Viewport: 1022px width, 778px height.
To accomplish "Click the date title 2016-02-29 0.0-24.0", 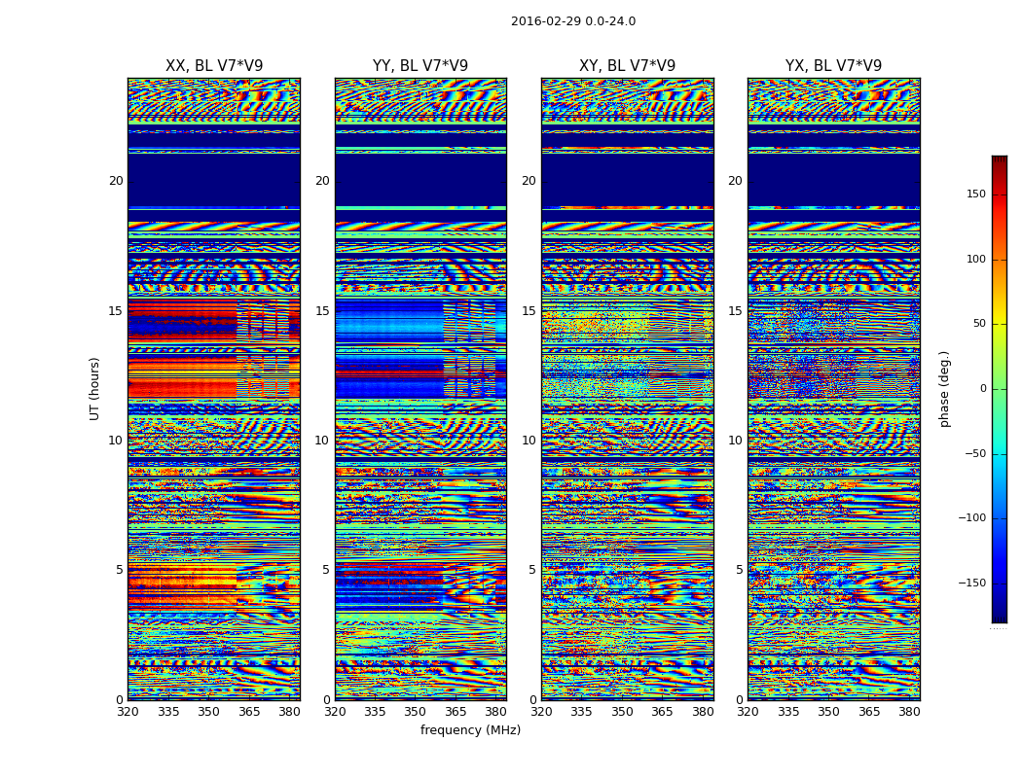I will [x=572, y=21].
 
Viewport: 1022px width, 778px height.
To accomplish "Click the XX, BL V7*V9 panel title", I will [x=214, y=66].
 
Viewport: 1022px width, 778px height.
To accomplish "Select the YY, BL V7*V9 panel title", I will [x=420, y=66].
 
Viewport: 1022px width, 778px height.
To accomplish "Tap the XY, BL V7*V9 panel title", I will [x=627, y=66].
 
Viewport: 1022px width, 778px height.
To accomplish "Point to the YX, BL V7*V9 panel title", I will [x=833, y=66].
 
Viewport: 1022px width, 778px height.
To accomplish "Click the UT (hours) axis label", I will [x=95, y=388].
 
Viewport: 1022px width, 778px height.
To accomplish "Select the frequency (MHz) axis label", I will [x=470, y=730].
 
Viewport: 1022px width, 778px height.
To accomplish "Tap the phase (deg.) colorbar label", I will [x=945, y=388].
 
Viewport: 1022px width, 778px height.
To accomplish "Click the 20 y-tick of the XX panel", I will [x=116, y=181].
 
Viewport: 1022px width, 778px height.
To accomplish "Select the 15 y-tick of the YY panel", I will [x=322, y=311].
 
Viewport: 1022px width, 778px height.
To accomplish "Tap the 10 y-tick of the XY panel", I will [x=529, y=441].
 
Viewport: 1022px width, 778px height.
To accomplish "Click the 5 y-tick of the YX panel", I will [x=739, y=570].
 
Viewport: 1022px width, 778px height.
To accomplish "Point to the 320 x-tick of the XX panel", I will [x=128, y=712].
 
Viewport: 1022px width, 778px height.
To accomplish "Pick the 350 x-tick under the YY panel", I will [x=416, y=712].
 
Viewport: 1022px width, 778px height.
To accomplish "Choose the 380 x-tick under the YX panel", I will [x=909, y=712].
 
